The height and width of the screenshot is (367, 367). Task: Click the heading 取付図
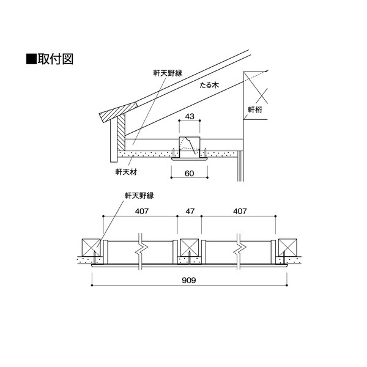(x=56, y=59)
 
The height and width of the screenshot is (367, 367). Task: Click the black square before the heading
(x=31, y=59)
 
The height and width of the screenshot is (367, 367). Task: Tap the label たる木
(x=209, y=85)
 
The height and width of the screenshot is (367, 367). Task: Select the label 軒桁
(x=255, y=109)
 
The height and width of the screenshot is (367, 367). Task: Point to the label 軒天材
(x=126, y=172)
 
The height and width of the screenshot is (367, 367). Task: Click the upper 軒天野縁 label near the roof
(x=168, y=73)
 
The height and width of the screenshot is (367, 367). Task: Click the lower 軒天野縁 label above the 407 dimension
(x=139, y=196)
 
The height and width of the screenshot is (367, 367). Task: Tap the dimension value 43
(x=190, y=116)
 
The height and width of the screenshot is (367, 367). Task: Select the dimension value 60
(x=190, y=174)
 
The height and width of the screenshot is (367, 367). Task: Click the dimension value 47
(x=190, y=212)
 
